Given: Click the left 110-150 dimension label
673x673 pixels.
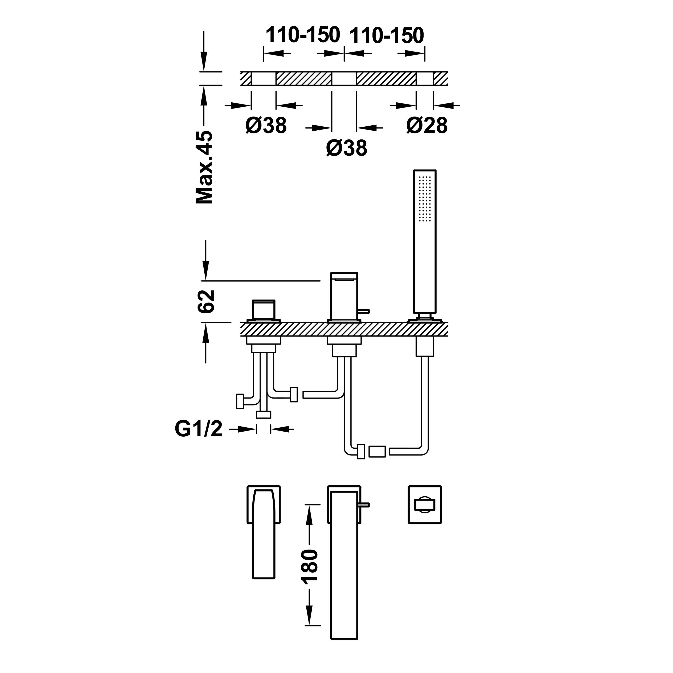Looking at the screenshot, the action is click(x=303, y=35).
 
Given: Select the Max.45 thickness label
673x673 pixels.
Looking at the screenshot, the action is click(x=204, y=167).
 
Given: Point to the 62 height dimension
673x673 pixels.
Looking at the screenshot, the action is click(x=205, y=302).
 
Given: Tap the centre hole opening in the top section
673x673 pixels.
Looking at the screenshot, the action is click(x=344, y=78).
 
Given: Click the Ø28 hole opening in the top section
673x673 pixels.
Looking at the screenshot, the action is click(x=425, y=78).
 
